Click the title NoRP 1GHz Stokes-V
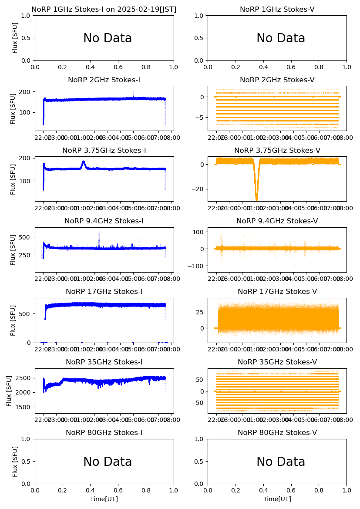(277, 10)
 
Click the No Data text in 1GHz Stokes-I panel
(108, 38)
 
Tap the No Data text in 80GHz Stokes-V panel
(281, 462)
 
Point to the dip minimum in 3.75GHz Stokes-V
(256, 199)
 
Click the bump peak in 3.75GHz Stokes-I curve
(83, 162)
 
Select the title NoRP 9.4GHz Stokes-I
(104, 221)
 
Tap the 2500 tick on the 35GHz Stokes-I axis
(24, 378)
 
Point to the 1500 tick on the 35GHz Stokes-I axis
(24, 407)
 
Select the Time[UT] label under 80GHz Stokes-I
(104, 499)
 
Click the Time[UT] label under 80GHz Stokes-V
(277, 499)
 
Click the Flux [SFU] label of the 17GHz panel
(13, 320)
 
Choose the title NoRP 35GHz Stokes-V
(277, 362)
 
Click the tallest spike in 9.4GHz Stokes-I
(99, 231)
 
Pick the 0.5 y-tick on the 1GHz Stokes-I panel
(27, 38)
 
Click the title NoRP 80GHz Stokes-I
(104, 433)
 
